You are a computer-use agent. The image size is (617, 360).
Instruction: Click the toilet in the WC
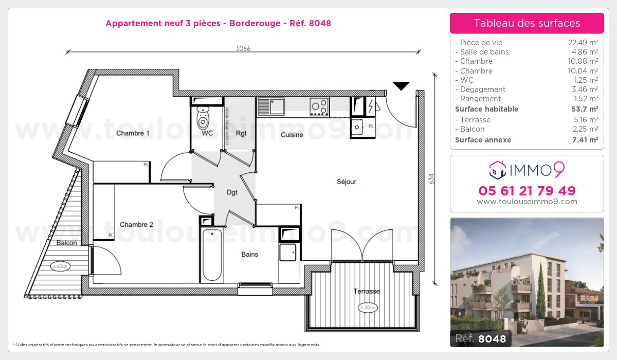click(204, 119)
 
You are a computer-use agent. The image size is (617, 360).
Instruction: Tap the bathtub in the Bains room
click(211, 255)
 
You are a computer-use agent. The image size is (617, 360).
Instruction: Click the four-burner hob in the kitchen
click(319, 107)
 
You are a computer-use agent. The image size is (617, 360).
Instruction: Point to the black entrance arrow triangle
click(401, 86)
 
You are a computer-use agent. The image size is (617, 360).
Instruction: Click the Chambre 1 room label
click(133, 133)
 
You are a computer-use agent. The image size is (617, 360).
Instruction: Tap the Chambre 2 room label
click(136, 224)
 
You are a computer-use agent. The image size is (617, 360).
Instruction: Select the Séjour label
click(347, 182)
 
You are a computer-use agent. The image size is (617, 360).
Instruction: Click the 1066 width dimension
click(243, 48)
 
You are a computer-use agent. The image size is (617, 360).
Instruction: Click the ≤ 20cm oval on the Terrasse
click(368, 308)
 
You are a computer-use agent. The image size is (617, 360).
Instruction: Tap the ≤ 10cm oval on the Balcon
click(60, 266)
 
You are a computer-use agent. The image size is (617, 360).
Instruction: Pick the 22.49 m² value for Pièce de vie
click(582, 43)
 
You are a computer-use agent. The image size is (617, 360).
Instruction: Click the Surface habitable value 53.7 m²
click(585, 109)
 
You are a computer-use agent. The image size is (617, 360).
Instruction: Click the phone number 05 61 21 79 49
click(527, 191)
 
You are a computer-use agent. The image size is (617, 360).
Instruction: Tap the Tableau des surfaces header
click(527, 23)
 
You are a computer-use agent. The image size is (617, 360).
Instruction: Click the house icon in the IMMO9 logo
click(497, 168)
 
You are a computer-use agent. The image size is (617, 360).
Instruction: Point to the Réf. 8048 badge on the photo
click(481, 338)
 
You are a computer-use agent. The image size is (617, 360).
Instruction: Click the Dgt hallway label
click(232, 192)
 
